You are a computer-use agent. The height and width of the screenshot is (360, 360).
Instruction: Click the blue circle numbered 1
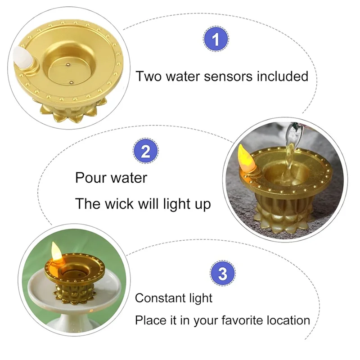tap(216, 39)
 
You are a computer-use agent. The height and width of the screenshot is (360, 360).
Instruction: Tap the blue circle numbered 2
tap(145, 151)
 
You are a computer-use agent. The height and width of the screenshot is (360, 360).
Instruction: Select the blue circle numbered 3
tap(223, 274)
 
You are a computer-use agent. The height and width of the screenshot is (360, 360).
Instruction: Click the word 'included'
tap(282, 76)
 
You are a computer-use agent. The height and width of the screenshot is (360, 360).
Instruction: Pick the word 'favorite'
tap(234, 320)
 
